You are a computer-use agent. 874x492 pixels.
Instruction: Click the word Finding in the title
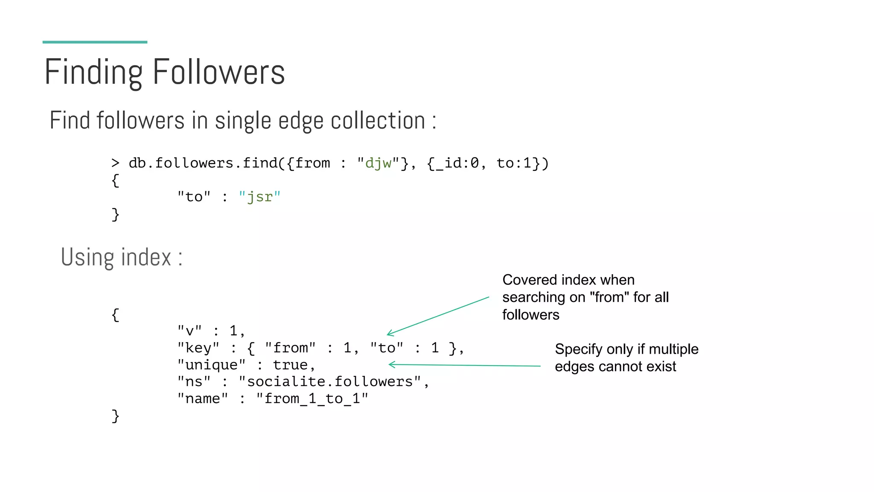tap(93, 73)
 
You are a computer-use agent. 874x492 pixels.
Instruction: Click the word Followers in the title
tap(218, 72)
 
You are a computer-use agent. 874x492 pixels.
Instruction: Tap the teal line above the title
tap(95, 42)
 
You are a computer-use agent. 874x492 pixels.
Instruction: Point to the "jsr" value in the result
tap(259, 197)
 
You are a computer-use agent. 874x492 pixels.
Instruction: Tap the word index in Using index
tap(146, 257)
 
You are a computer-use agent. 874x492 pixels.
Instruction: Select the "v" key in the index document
tap(189, 331)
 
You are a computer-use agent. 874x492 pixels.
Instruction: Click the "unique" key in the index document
tap(211, 365)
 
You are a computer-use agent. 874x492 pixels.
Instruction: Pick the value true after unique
tap(290, 365)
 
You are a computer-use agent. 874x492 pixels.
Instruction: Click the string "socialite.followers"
tap(330, 381)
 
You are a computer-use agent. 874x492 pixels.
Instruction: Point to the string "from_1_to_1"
tap(312, 398)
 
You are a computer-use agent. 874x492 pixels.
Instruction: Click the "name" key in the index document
tap(203, 398)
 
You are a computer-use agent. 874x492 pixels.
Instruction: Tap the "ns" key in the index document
tap(194, 381)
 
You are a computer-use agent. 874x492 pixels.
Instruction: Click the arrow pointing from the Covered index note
tap(438, 316)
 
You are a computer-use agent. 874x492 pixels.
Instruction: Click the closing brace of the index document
tap(115, 416)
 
